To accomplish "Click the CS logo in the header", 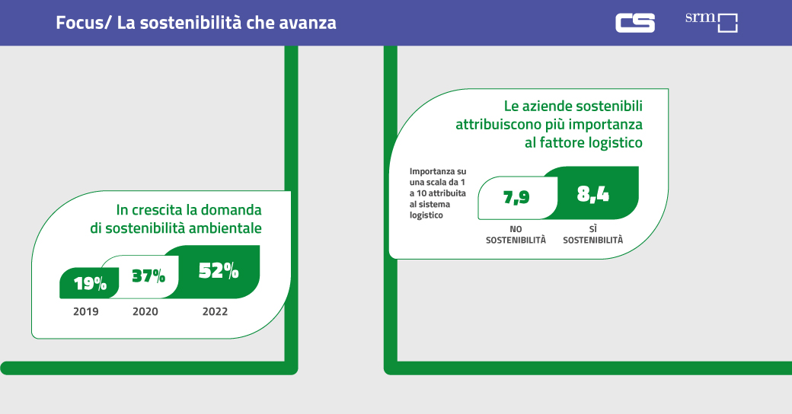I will coord(635,23).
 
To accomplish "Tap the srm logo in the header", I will coord(711,21).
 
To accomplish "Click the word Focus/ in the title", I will coord(84,23).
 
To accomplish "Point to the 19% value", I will coord(90,284).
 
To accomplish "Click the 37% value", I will coord(148,275).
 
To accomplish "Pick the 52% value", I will coord(219,270).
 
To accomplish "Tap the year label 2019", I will coord(85,311).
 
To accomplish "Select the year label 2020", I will coord(145,311).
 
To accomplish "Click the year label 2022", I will coord(215,311).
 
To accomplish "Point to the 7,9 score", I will coord(516,198).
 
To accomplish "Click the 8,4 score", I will coord(593,194).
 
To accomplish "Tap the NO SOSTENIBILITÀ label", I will coord(516,234).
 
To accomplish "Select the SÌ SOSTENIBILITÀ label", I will coord(592,234).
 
